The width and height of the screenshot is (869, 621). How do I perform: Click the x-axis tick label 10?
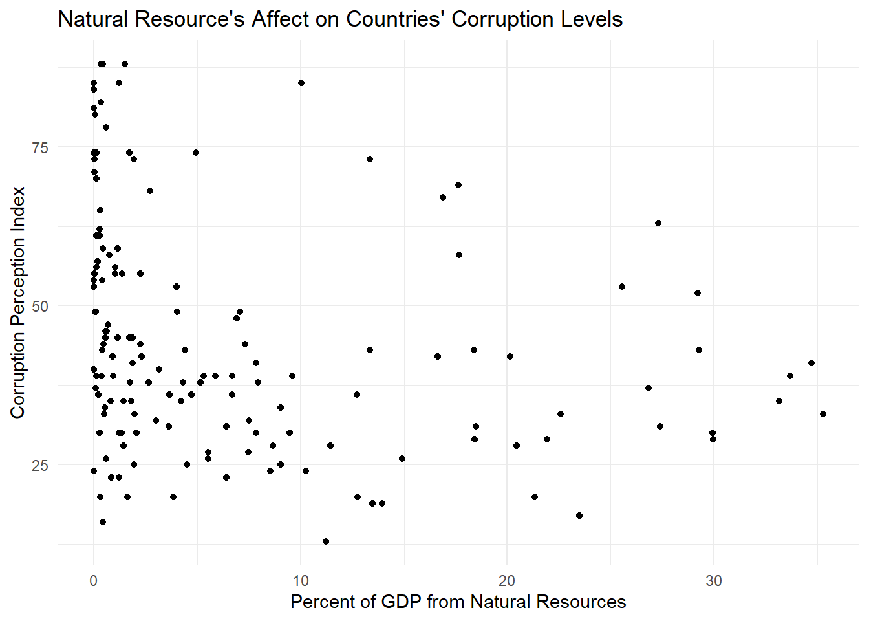tap(300, 581)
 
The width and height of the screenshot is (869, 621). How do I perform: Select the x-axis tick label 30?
tap(713, 581)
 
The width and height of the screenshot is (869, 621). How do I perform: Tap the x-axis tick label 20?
tap(507, 581)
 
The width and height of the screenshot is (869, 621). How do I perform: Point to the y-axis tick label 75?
tap(40, 147)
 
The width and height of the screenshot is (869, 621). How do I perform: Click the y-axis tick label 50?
tap(40, 306)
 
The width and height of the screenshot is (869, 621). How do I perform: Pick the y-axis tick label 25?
tap(40, 465)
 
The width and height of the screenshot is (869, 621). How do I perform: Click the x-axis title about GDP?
tap(458, 602)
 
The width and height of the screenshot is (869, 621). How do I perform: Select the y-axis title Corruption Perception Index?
tap(18, 302)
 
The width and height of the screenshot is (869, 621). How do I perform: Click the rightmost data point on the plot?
tap(822, 414)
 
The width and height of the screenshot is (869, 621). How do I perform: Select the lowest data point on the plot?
tap(325, 541)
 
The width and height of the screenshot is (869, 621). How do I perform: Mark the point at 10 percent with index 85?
tap(301, 83)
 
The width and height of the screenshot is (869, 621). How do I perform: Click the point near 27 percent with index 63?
tap(658, 223)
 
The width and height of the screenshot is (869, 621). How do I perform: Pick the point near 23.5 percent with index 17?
tap(579, 516)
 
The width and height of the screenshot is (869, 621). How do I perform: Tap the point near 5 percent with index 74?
tap(195, 153)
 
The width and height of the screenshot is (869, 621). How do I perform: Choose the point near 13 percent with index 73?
tap(369, 159)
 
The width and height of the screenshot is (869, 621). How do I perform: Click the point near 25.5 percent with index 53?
tap(621, 287)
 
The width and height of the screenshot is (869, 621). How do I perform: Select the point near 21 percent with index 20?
tap(534, 497)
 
